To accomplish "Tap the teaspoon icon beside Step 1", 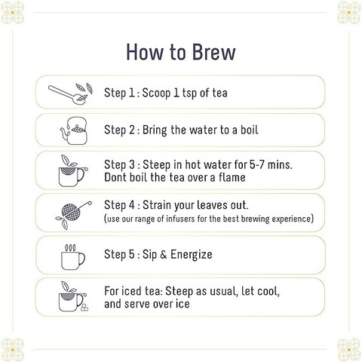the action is pyautogui.click(x=70, y=94).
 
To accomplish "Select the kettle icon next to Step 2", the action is pyautogui.click(x=74, y=130).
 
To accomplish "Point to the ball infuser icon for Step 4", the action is pyautogui.click(x=73, y=215).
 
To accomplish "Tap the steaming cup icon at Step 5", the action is pyautogui.click(x=73, y=257).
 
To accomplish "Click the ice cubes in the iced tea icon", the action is pyautogui.click(x=84, y=308).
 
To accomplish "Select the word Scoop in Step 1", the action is pyautogui.click(x=156, y=93).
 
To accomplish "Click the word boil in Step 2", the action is pyautogui.click(x=250, y=130).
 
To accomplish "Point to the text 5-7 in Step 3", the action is pyautogui.click(x=257, y=165).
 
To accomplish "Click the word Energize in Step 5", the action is pyautogui.click(x=192, y=255).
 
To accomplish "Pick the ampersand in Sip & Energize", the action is pyautogui.click(x=163, y=255).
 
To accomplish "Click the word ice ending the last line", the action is pyautogui.click(x=183, y=304).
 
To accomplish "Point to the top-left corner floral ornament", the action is pyautogui.click(x=12, y=12).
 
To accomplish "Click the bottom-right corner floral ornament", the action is pyautogui.click(x=349, y=350).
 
